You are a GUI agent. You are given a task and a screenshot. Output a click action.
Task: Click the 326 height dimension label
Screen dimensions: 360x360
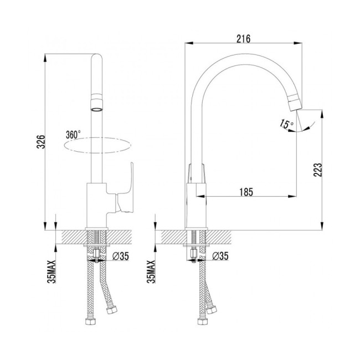click(41, 142)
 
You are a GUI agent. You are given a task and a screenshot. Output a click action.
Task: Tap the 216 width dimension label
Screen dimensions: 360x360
click(244, 39)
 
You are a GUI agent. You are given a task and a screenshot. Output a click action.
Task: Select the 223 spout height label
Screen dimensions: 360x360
click(318, 170)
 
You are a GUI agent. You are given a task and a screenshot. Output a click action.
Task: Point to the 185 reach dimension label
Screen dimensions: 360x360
click(246, 192)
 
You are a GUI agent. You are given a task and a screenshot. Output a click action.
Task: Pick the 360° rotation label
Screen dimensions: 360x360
click(73, 135)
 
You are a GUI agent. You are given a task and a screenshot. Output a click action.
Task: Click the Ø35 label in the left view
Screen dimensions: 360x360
click(121, 256)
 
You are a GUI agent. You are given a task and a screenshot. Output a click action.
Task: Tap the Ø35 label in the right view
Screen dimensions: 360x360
click(220, 256)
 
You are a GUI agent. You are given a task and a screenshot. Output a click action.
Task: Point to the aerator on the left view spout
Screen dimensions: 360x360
click(97, 102)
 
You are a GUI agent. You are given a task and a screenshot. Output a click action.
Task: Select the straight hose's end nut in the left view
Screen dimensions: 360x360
click(90, 321)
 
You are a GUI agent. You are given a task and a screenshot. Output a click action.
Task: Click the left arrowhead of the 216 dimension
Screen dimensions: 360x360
click(189, 43)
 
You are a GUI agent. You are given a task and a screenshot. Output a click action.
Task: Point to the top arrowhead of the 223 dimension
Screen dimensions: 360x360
click(322, 114)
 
